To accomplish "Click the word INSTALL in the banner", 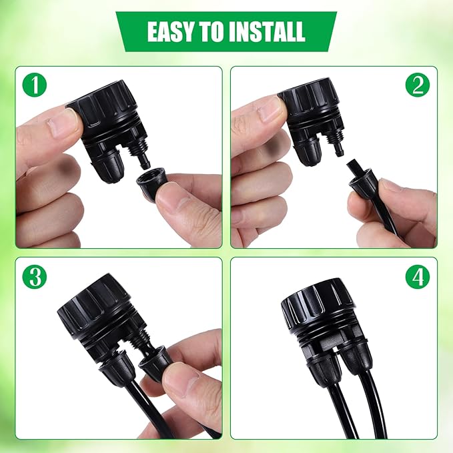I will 266,31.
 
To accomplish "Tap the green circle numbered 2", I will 418,85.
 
